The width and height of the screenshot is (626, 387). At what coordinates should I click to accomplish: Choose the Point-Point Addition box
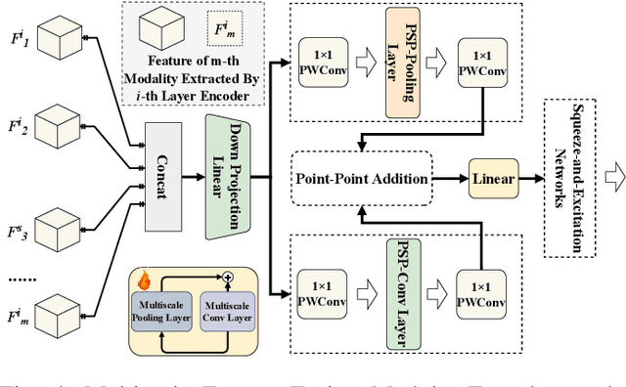pos(361,179)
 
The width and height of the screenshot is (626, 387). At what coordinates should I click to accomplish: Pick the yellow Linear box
pos(494,179)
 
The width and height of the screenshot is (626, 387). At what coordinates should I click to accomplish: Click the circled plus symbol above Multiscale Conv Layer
pos(227,279)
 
